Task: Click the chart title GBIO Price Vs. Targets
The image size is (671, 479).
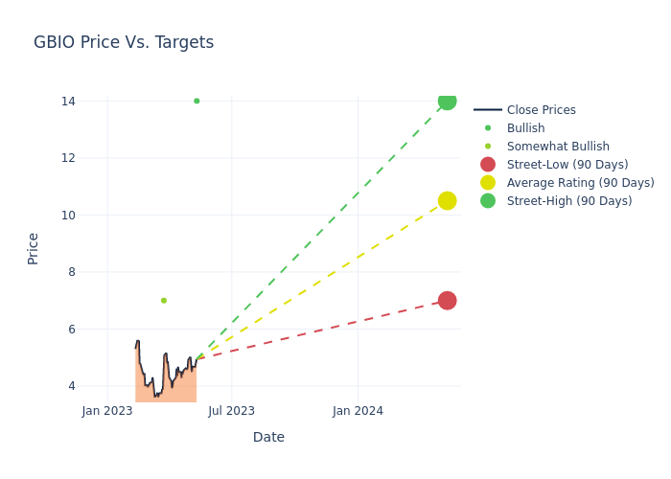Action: (x=124, y=43)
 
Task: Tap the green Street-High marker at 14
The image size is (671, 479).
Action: (x=447, y=101)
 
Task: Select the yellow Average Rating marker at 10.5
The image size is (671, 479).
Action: (x=447, y=200)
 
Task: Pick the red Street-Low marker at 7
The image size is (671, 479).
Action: (x=447, y=300)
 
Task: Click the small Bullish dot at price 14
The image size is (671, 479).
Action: (x=197, y=101)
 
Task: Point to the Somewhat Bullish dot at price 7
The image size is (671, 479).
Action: (x=164, y=301)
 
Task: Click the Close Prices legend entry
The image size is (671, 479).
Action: (x=541, y=110)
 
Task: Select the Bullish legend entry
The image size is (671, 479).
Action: (x=525, y=128)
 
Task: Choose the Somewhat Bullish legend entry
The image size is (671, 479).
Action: (x=558, y=147)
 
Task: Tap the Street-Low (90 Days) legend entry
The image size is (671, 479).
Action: (x=567, y=165)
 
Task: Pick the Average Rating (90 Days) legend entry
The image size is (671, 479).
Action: (x=580, y=183)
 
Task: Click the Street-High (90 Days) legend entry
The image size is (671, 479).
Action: (x=569, y=201)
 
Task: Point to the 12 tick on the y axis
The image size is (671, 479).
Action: (x=68, y=158)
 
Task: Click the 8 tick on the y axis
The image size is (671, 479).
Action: (x=72, y=272)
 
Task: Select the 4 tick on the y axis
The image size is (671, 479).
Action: (x=72, y=386)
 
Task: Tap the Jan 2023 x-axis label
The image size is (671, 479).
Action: (x=107, y=411)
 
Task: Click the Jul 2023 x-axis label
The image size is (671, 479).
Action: (x=232, y=411)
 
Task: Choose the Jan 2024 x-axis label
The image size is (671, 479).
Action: (x=358, y=411)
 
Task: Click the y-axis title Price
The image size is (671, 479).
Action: (x=34, y=248)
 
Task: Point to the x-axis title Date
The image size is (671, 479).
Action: (x=268, y=438)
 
